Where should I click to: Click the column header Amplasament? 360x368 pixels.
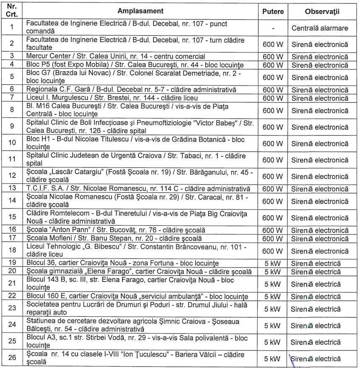141,10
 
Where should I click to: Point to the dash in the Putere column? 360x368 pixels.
273,28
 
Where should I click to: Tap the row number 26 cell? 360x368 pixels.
12,358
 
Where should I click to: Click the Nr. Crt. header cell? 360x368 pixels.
12,10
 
